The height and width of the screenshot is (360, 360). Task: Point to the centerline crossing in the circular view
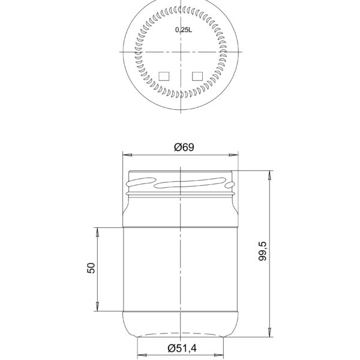(181, 52)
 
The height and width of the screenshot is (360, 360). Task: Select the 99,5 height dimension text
(262, 251)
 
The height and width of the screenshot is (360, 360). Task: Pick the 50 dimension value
(91, 268)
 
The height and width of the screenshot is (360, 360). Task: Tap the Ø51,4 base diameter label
(182, 347)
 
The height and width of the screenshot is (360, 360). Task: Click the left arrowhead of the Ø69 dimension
(125, 155)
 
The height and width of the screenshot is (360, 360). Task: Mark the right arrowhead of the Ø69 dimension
(235, 155)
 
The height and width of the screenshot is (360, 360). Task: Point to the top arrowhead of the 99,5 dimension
(271, 173)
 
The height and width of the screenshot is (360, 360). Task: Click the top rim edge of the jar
(180, 170)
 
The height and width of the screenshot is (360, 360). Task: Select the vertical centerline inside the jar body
(181, 264)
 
